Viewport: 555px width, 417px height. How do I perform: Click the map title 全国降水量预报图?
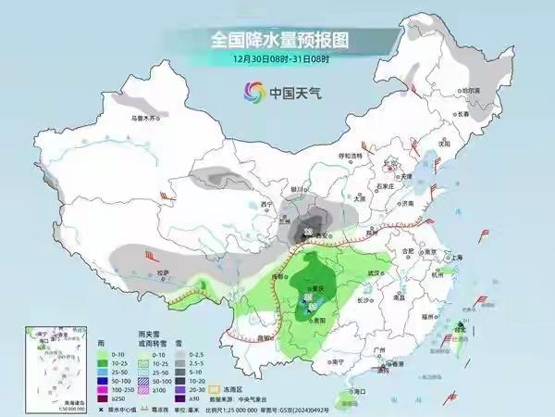tap(277, 40)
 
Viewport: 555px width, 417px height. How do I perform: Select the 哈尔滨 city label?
tap(471, 90)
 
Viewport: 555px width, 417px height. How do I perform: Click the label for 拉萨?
tap(164, 273)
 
